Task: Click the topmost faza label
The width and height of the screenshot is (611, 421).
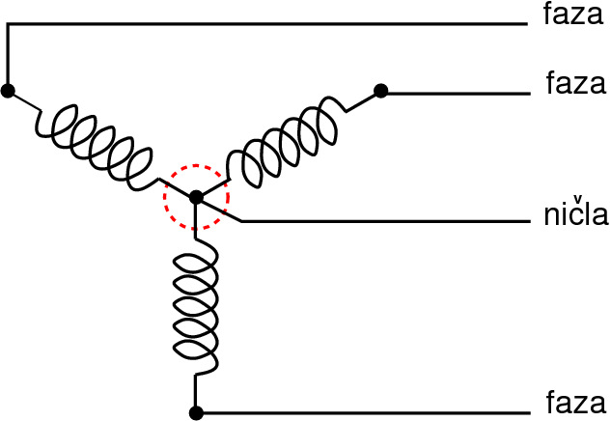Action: (x=573, y=14)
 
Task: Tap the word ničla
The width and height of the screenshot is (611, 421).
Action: (x=574, y=213)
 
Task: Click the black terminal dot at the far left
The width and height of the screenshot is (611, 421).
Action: (x=8, y=91)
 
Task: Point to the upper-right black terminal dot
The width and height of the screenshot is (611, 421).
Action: (x=380, y=91)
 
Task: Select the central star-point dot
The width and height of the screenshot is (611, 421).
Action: (x=196, y=197)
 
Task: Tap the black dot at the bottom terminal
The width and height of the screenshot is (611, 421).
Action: (x=196, y=413)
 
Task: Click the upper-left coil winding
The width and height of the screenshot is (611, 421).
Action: (x=97, y=140)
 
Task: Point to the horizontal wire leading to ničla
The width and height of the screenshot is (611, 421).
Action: (x=386, y=221)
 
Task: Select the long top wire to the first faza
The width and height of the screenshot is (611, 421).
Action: (x=270, y=24)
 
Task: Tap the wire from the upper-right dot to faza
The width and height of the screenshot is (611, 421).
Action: (x=454, y=93)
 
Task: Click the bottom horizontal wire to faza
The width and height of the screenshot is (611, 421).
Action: (x=367, y=413)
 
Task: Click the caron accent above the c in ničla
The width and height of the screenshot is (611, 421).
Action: (x=577, y=200)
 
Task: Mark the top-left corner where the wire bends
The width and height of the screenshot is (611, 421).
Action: (x=8, y=24)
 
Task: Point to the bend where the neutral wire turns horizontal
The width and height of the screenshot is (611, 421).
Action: (x=240, y=221)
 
